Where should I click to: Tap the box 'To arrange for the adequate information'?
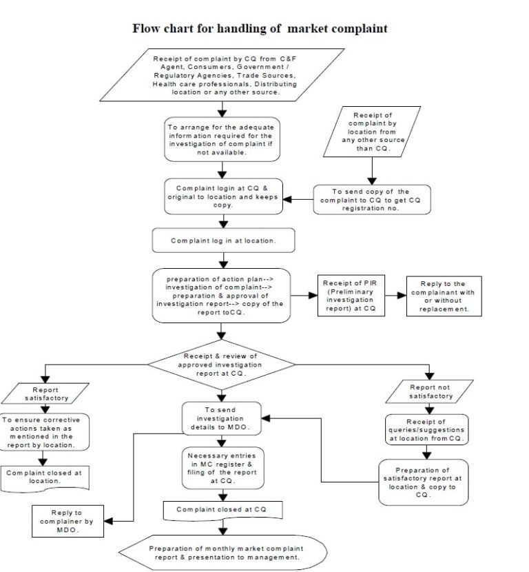tap(222, 139)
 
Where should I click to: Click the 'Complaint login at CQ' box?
tap(222, 196)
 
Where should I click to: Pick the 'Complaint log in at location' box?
tap(223, 241)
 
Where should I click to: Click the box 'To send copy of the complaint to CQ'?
tap(371, 199)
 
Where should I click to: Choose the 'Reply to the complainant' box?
tap(444, 296)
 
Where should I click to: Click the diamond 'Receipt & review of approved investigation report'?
tap(220, 364)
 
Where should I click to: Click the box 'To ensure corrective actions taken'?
tap(45, 433)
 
